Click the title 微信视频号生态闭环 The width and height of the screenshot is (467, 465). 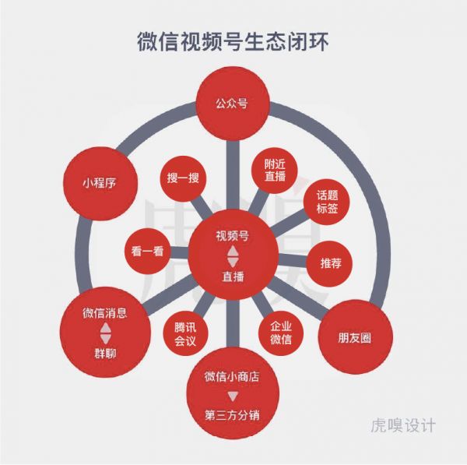click(233, 42)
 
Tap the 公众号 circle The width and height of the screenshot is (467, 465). click(233, 104)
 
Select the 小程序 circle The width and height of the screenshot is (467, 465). click(100, 183)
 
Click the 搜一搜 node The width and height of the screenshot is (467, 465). click(183, 178)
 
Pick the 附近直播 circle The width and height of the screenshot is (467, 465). click(274, 171)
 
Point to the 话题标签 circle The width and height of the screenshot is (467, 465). click(326, 202)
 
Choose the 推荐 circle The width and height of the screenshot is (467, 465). click(330, 263)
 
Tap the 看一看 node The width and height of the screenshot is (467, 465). click(147, 252)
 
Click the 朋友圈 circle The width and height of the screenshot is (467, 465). click(356, 337)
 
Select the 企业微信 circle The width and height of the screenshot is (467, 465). click(281, 333)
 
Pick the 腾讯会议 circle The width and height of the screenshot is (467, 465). click(185, 333)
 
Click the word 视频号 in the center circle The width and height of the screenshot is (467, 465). click(233, 236)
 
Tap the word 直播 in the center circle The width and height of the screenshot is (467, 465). click(233, 277)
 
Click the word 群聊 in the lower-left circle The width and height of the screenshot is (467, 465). click(105, 354)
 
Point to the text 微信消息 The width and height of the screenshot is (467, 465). click(105, 313)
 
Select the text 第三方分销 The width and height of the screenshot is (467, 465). click(232, 415)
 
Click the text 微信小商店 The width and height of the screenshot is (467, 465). click(232, 376)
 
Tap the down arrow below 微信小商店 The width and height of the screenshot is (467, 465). click(233, 396)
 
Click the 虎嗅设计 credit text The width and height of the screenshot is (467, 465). click(403, 425)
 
